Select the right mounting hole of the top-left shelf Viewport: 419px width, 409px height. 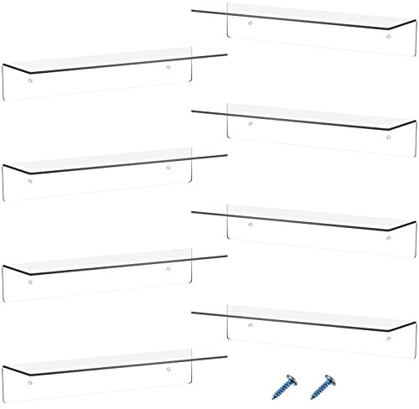coord(168,67)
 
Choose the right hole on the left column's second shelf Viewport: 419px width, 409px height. coord(168,168)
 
